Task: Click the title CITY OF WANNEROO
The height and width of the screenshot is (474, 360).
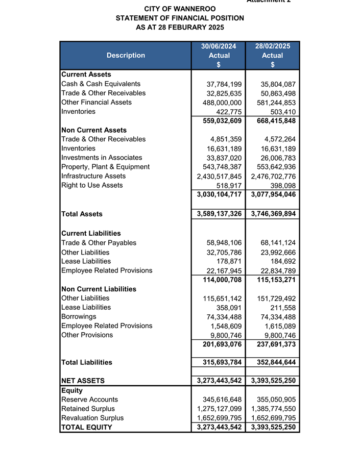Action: coord(180,9)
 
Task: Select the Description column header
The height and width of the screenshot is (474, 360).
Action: coord(126,55)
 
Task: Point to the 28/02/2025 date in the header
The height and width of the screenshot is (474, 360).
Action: coord(272,46)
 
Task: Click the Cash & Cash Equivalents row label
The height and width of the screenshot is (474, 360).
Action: coord(101,84)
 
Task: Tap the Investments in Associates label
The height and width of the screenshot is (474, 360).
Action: coord(102,158)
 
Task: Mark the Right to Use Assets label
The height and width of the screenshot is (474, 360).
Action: coord(92,185)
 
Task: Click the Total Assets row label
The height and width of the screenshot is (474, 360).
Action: coord(82,214)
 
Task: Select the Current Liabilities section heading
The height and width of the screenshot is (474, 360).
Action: coord(91,233)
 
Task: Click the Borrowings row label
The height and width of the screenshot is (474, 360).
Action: coord(78,317)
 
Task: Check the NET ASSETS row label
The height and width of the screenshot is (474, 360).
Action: coord(83,381)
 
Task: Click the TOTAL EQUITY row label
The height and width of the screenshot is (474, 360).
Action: coord(86,427)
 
